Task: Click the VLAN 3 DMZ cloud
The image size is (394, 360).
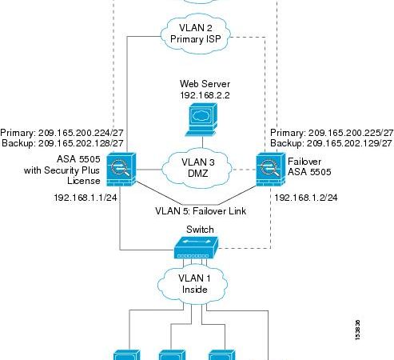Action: coord(197,169)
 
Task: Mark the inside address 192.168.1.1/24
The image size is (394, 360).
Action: coord(86,195)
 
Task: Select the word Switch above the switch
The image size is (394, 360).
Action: coord(200,229)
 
